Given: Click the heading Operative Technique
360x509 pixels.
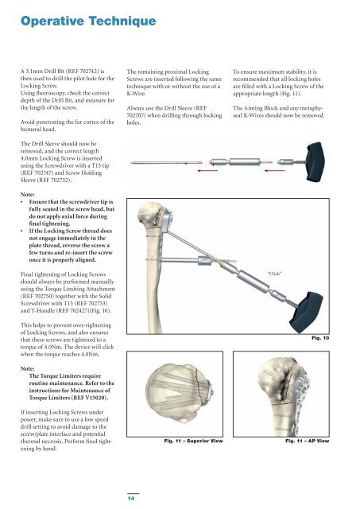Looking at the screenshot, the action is click(x=88, y=21).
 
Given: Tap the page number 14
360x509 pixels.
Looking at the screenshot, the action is click(x=131, y=498).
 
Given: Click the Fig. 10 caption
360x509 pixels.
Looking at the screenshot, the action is click(x=320, y=338).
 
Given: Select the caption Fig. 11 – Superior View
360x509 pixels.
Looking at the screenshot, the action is click(x=193, y=441).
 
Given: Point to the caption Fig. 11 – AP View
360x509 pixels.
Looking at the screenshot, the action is click(x=307, y=441).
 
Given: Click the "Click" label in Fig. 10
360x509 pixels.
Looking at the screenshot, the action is click(x=275, y=274).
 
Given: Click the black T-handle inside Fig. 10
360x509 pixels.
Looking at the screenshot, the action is click(x=306, y=312).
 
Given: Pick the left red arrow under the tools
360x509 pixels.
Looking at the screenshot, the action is click(x=207, y=170).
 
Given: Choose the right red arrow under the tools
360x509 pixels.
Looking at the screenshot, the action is click(x=275, y=170).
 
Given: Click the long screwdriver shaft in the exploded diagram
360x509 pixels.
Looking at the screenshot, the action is click(x=166, y=162).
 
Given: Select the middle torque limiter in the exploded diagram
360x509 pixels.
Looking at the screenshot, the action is click(x=241, y=161).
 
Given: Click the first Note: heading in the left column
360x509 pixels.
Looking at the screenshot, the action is click(x=28, y=194).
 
